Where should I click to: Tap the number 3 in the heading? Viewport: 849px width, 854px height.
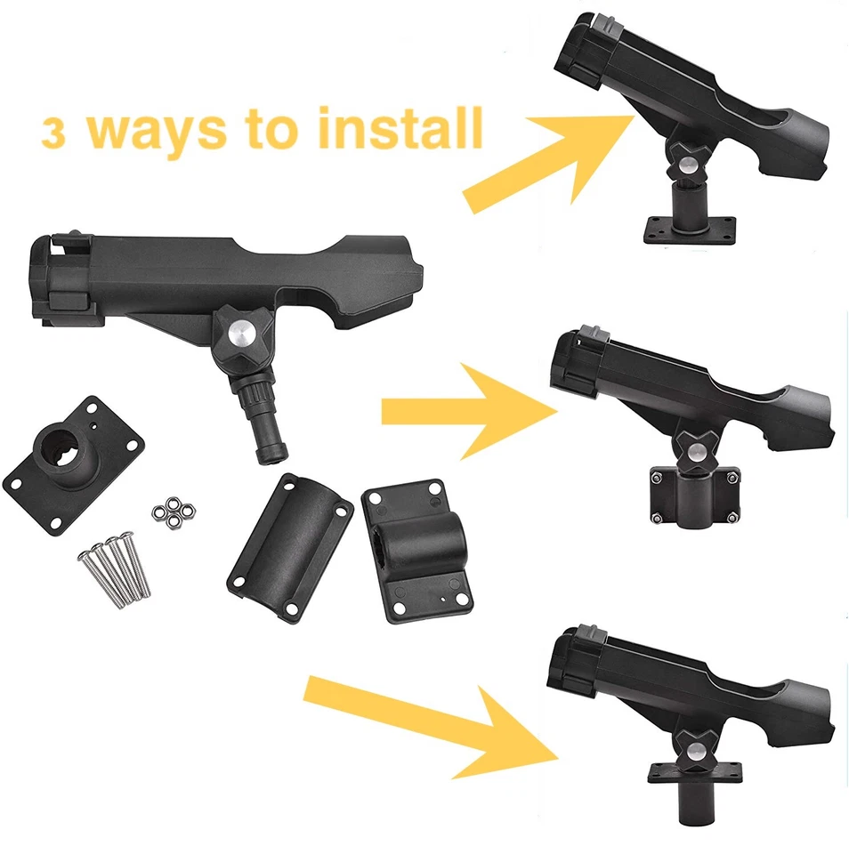coord(55,134)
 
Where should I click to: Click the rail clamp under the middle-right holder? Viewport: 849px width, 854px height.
coord(693,496)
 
